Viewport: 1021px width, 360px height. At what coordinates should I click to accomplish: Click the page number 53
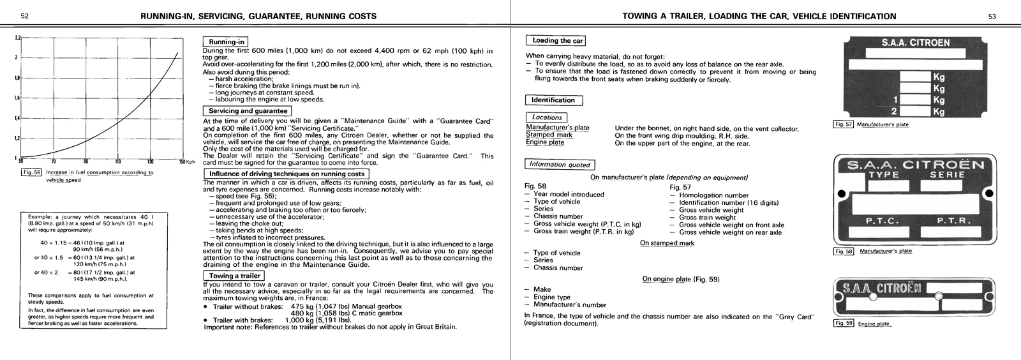coord(992,17)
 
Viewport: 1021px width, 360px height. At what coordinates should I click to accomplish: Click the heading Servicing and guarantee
coord(248,111)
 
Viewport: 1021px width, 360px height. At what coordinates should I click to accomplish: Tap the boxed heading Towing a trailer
coord(234,276)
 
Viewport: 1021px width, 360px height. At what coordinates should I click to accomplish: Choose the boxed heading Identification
coord(553,100)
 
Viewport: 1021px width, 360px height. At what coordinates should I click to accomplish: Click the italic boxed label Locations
coord(547,117)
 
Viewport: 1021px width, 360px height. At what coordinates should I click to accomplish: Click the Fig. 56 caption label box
coord(31,172)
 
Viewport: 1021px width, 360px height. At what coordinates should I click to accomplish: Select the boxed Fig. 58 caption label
coord(844,251)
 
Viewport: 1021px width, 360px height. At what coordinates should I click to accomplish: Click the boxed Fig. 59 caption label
coord(844,323)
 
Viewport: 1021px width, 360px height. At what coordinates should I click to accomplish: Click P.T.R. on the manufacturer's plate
coord(954,221)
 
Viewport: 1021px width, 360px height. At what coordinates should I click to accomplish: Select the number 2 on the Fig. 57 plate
coord(895,112)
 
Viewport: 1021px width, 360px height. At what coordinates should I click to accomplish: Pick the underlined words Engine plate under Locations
coord(544,142)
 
